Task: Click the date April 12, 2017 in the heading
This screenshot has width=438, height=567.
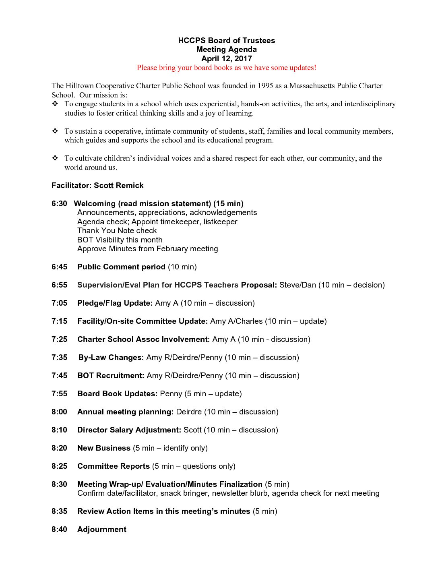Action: coord(226,59)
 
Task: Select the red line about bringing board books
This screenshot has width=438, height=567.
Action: coord(226,68)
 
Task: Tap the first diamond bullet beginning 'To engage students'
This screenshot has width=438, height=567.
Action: coord(55,104)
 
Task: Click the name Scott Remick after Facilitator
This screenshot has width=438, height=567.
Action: coord(119,186)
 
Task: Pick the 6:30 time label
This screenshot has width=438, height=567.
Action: coord(59,204)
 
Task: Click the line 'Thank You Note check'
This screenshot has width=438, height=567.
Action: coord(117,231)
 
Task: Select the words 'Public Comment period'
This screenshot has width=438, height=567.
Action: coord(121,267)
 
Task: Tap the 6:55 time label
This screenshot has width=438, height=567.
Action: coord(59,285)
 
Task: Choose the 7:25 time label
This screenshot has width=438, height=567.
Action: coord(59,339)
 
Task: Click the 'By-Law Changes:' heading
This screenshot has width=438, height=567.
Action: coord(111,358)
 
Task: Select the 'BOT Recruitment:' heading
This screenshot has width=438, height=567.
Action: coord(111,376)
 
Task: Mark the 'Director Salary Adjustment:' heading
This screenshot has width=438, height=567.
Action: coord(129,430)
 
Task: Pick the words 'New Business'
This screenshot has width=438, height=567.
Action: coord(104,448)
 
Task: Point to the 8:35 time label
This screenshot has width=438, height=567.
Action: coord(59,511)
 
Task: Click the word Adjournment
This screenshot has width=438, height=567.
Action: coord(102,530)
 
